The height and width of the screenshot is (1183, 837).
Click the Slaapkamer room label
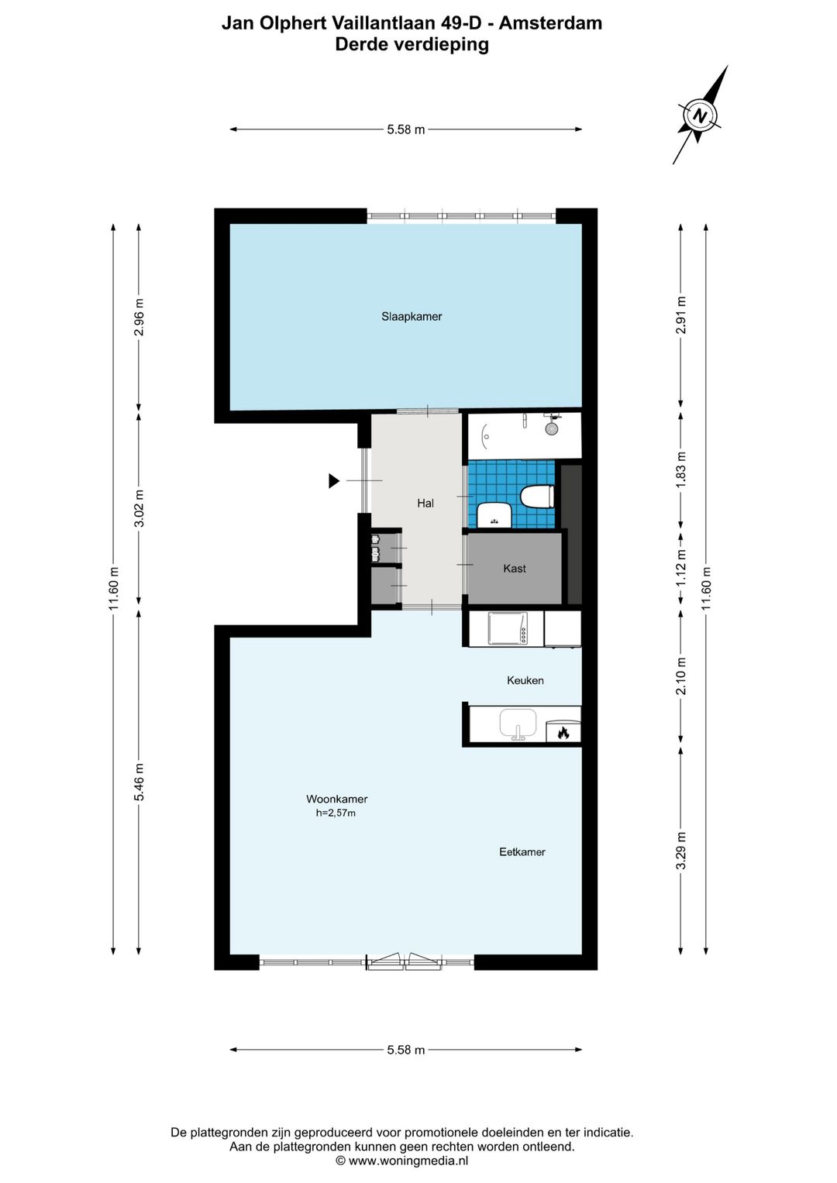click(x=412, y=317)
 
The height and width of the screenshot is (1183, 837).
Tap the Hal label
click(x=425, y=504)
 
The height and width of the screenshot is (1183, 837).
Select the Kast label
click(x=514, y=569)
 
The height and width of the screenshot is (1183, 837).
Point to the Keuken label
click(x=525, y=681)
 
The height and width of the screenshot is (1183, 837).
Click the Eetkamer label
click(x=522, y=852)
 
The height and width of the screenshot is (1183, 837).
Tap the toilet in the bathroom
click(x=537, y=497)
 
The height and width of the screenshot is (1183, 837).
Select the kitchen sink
click(x=518, y=723)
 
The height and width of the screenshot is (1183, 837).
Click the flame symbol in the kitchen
click(x=563, y=732)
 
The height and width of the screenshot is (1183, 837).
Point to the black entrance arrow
click(x=334, y=481)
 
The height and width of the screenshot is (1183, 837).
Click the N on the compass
click(x=700, y=115)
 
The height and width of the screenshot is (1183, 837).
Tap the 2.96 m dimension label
click(x=139, y=317)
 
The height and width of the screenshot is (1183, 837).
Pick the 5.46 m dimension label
click(x=139, y=782)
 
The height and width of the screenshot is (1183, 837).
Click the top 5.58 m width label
click(x=406, y=129)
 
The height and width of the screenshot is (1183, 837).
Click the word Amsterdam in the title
click(x=550, y=23)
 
